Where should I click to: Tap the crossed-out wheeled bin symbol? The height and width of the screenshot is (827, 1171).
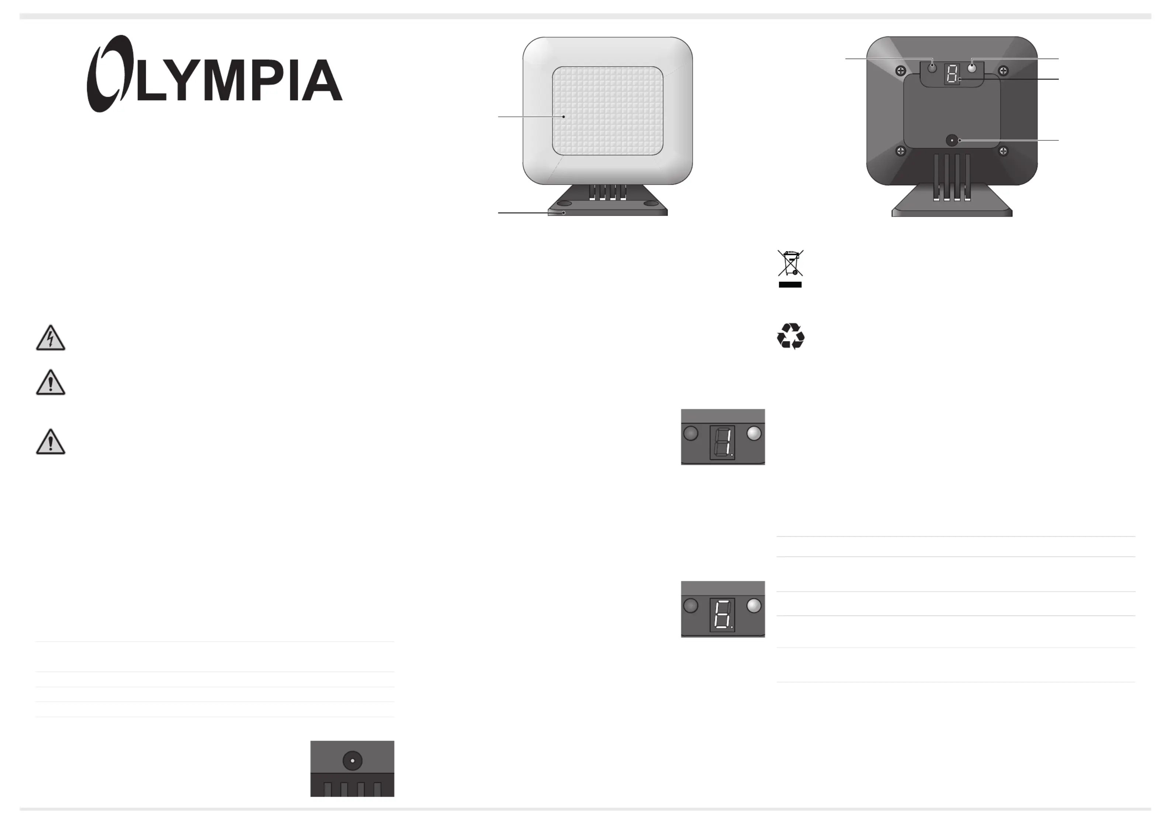pos(790,263)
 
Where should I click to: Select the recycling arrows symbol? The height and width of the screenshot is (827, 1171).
pos(790,336)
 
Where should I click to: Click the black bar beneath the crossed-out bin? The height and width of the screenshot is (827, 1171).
pos(790,285)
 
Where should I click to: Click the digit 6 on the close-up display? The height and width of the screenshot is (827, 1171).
pos(722,614)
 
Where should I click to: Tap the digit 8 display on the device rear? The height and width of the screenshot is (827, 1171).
pos(952,74)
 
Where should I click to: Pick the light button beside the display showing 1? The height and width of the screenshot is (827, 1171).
pos(754,434)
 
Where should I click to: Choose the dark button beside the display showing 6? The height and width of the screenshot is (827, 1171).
pos(690,606)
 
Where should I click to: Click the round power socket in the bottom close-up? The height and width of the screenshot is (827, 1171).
pos(353,761)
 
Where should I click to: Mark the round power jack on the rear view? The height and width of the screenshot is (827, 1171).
pos(952,140)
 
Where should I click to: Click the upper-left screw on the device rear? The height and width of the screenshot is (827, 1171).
pos(901,71)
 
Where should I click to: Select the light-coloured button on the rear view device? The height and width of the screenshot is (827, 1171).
pos(972,68)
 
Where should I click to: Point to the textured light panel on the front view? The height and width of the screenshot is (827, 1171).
pos(607,111)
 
